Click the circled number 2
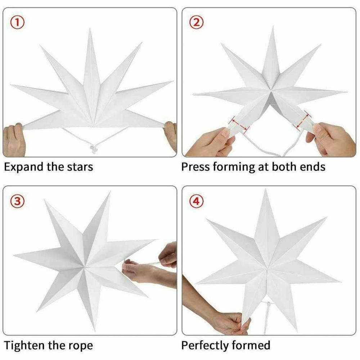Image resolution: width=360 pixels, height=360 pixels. pyautogui.click(x=196, y=23)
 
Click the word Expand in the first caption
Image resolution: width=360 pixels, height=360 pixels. pyautogui.click(x=24, y=167)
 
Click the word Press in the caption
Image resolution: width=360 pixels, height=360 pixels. pyautogui.click(x=196, y=167)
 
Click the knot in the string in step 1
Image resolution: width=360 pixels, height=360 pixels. pyautogui.click(x=94, y=148)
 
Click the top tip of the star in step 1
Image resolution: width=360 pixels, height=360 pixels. pyautogui.click(x=90, y=30)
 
